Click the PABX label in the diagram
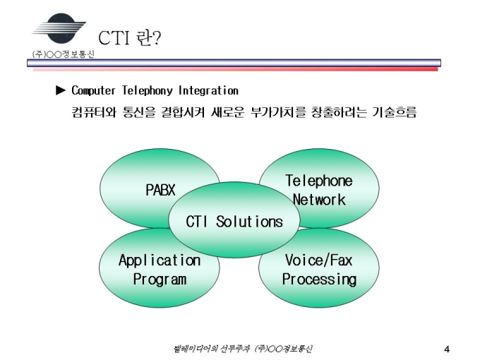[x=160, y=190]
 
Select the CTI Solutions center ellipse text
[x=234, y=222]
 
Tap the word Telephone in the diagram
[x=319, y=181]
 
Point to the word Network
[x=319, y=200]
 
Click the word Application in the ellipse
[x=160, y=260]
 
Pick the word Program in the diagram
[x=160, y=280]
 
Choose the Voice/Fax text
[x=318, y=260]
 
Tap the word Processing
[x=319, y=280]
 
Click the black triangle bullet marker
[x=61, y=90]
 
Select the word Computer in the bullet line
[x=93, y=90]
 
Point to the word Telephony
[x=148, y=90]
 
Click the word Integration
[x=208, y=90]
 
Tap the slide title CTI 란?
[x=129, y=38]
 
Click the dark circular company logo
[x=61, y=28]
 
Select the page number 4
[x=447, y=349]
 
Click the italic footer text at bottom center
[x=243, y=349]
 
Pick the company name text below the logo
[x=64, y=54]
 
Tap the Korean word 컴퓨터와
[x=94, y=112]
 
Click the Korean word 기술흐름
[x=395, y=112]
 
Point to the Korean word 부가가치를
[x=278, y=112]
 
